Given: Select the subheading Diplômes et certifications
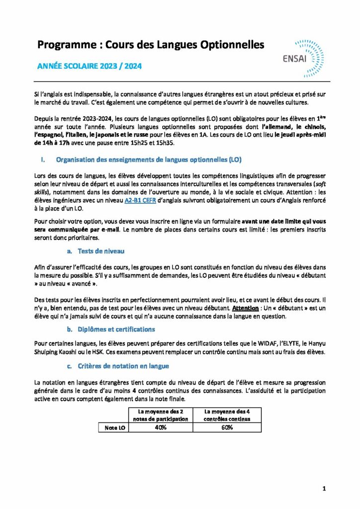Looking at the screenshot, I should click(116, 329).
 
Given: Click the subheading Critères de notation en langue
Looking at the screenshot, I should click(123, 366).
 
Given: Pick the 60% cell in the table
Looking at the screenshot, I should click(227, 427).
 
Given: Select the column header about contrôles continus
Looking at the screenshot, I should click(227, 415).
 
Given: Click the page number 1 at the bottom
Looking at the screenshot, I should click(324, 489).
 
